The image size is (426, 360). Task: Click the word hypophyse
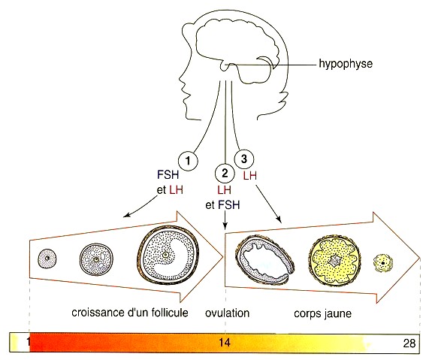click(x=346, y=65)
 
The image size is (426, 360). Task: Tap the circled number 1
click(x=188, y=161)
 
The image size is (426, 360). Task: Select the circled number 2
click(x=225, y=173)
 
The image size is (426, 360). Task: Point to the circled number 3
click(x=244, y=159)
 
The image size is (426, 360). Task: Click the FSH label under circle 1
click(x=168, y=174)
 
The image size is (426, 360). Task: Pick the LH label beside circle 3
click(x=250, y=176)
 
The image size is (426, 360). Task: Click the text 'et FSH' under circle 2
click(x=223, y=205)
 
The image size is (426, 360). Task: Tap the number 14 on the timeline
click(x=225, y=343)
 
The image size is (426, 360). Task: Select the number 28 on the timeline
click(x=409, y=343)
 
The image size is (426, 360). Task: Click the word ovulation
click(x=228, y=313)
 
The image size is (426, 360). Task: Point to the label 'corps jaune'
click(x=323, y=313)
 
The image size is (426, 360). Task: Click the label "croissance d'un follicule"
click(x=130, y=313)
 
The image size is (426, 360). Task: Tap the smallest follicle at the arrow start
click(x=47, y=259)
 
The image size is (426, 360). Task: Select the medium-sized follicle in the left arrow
click(x=96, y=260)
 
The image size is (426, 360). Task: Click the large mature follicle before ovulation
click(x=168, y=254)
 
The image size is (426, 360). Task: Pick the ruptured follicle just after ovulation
click(x=265, y=260)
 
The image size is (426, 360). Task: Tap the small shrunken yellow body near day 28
click(x=383, y=263)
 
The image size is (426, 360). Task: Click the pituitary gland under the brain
click(x=225, y=66)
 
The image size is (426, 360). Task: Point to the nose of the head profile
click(x=180, y=78)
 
